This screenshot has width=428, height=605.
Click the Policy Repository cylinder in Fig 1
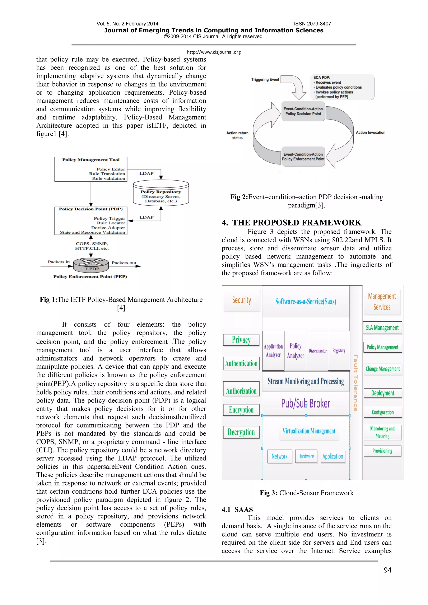click(161, 193)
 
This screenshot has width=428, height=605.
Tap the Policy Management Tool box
click(91, 169)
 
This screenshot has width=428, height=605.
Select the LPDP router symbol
click(91, 265)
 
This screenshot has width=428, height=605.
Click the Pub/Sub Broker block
click(306, 403)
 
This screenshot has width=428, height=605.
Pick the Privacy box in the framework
click(241, 340)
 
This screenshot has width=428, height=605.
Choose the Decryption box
click(241, 432)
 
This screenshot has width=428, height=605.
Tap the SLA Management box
click(382, 328)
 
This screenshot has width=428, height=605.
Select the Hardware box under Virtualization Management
click(306, 456)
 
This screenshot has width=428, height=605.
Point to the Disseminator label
click(318, 351)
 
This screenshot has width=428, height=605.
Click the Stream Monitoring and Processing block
click(306, 381)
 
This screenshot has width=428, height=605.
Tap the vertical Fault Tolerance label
click(355, 383)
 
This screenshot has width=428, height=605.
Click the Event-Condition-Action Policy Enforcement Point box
click(303, 157)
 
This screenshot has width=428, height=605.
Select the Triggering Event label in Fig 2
click(265, 80)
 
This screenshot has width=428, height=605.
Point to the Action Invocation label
click(371, 132)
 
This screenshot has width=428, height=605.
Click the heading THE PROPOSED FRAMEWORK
click(297, 223)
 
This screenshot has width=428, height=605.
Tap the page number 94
click(387, 570)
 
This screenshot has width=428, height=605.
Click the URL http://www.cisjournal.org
click(214, 52)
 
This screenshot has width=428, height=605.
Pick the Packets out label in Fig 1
click(124, 263)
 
